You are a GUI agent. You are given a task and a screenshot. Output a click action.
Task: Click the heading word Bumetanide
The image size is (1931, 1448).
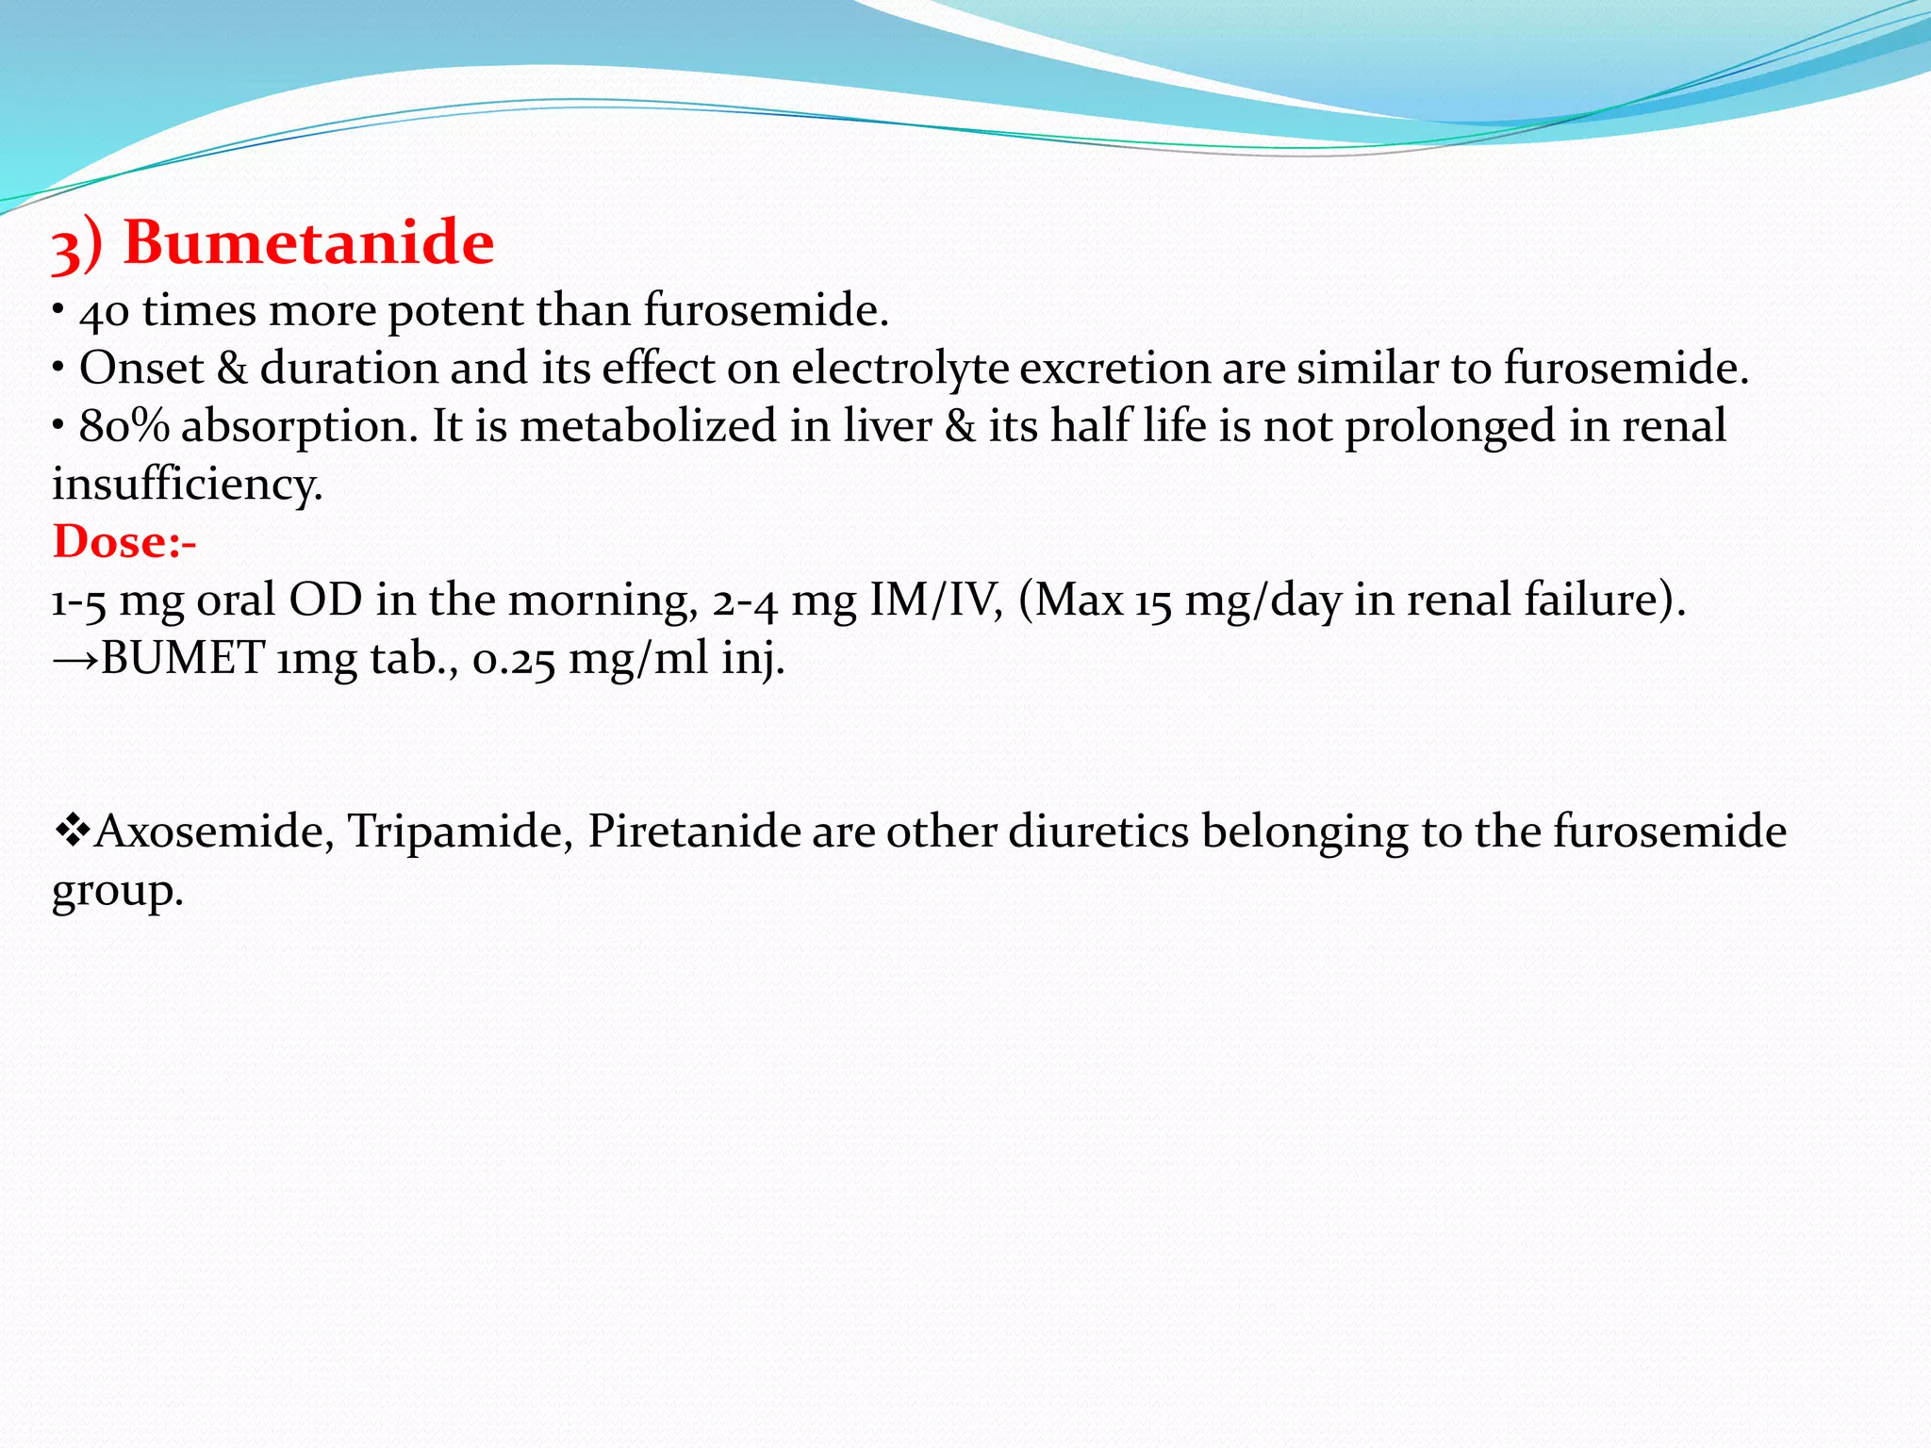tap(308, 243)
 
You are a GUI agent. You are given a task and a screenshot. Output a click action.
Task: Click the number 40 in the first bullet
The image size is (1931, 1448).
tap(104, 312)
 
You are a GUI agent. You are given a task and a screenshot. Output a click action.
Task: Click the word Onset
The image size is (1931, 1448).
tap(141, 369)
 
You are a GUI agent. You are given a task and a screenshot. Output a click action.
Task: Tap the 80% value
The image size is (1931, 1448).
tap(124, 426)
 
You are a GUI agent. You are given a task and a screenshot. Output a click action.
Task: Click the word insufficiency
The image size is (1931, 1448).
tap(187, 485)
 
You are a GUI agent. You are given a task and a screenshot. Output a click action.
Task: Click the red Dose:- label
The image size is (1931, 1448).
tap(124, 542)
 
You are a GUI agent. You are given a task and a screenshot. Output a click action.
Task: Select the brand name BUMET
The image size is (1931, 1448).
tap(183, 658)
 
